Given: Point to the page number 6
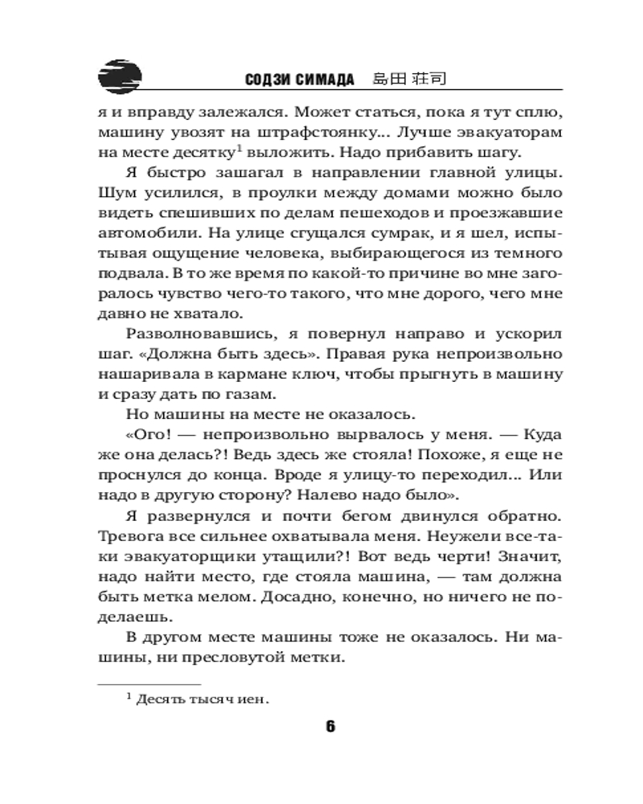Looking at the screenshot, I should coord(330,727).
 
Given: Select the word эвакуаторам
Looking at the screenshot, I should coord(496,132).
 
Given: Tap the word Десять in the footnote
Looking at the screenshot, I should coord(158,699).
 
